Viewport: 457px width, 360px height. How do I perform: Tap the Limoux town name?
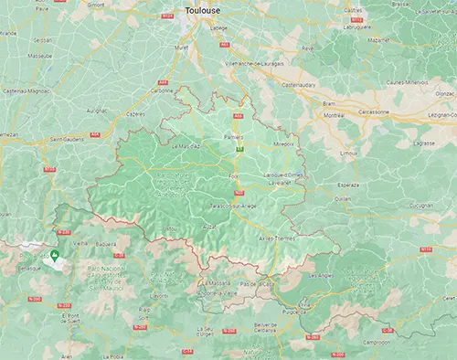(x=349, y=154)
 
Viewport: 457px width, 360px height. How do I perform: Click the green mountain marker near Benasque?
(x=55, y=254)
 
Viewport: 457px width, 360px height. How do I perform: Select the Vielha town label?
(x=82, y=244)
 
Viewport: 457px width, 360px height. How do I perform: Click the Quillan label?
(x=343, y=198)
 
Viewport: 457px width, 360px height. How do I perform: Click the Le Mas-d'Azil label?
(x=186, y=146)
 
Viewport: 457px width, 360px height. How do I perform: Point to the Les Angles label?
(x=323, y=274)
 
